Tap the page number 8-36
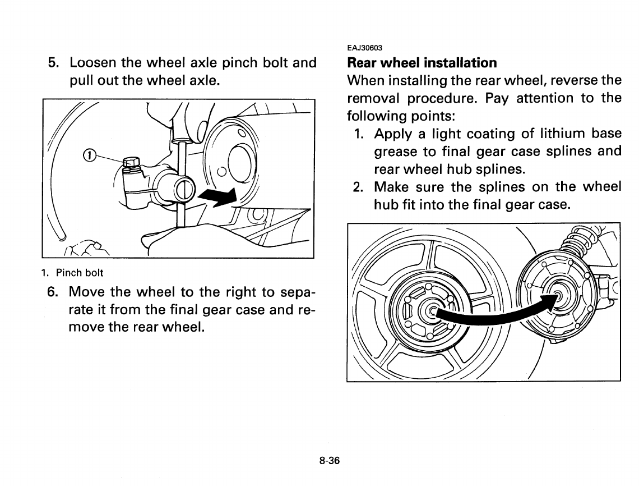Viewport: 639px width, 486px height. click(330, 461)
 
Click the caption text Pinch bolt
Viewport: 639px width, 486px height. click(80, 273)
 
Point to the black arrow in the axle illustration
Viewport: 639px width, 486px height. click(216, 196)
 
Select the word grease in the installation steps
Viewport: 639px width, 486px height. click(396, 152)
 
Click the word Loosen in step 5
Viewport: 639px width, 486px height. click(93, 62)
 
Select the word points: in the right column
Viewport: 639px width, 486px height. click(432, 116)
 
